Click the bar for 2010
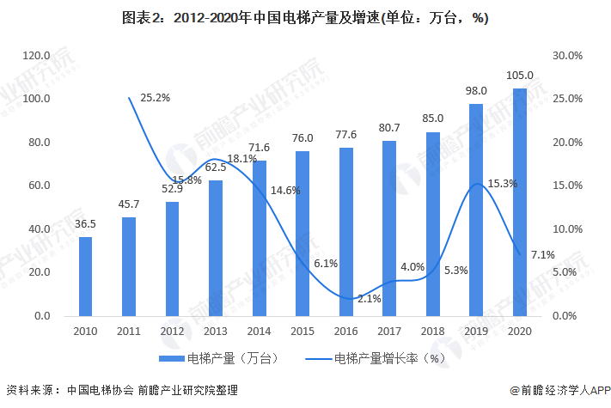[85, 276]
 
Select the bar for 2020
[519, 202]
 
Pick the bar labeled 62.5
[216, 248]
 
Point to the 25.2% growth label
[155, 98]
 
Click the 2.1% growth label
[369, 298]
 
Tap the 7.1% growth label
[543, 254]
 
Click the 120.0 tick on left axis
[37, 55]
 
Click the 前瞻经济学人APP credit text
[559, 389]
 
